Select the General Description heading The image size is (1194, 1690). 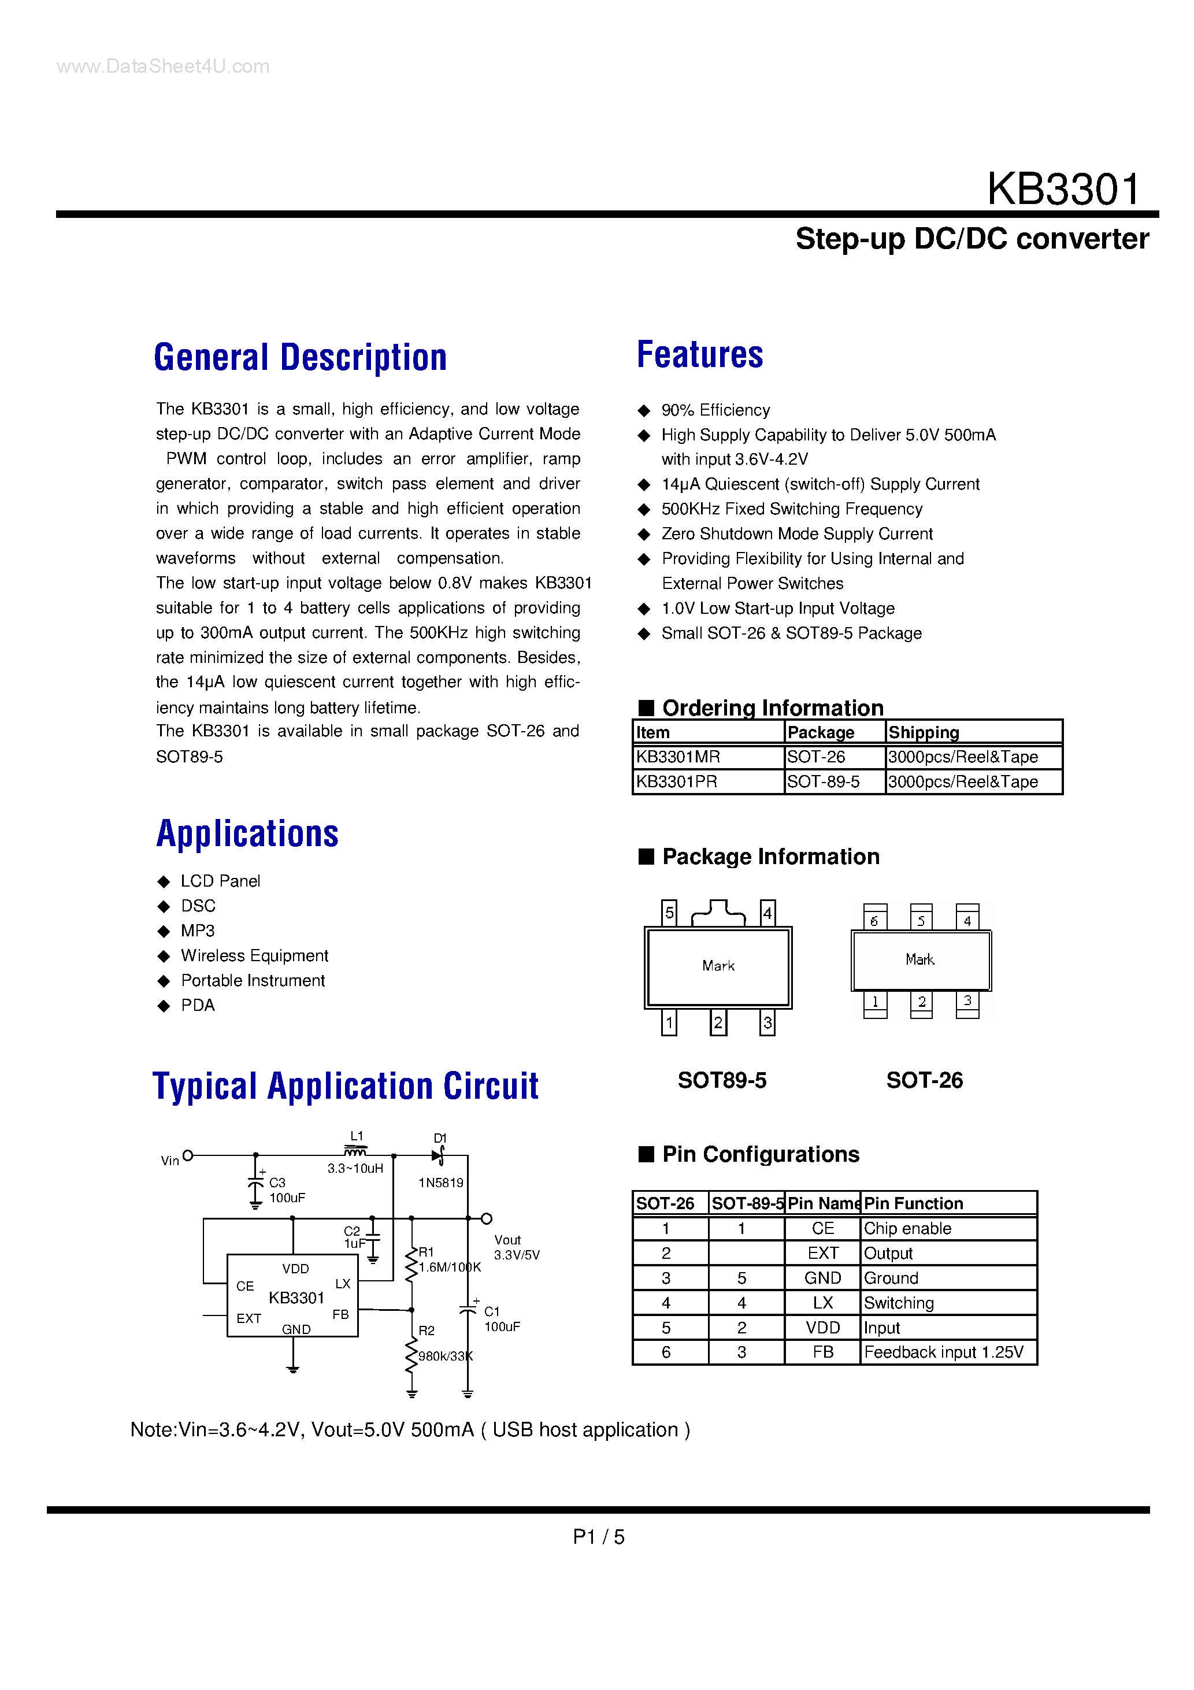(301, 358)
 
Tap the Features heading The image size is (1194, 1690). (699, 355)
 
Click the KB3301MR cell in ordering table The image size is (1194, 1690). (678, 757)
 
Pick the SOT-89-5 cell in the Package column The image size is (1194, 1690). (823, 781)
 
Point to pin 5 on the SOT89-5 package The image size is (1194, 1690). (669, 913)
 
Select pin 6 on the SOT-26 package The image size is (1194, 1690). (874, 921)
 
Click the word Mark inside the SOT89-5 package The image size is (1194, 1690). (718, 966)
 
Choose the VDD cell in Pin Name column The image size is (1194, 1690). (822, 1328)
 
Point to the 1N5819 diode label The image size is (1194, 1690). (440, 1183)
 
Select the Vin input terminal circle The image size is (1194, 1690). (188, 1155)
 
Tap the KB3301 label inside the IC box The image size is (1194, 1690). (296, 1298)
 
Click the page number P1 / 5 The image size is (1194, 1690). (598, 1537)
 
